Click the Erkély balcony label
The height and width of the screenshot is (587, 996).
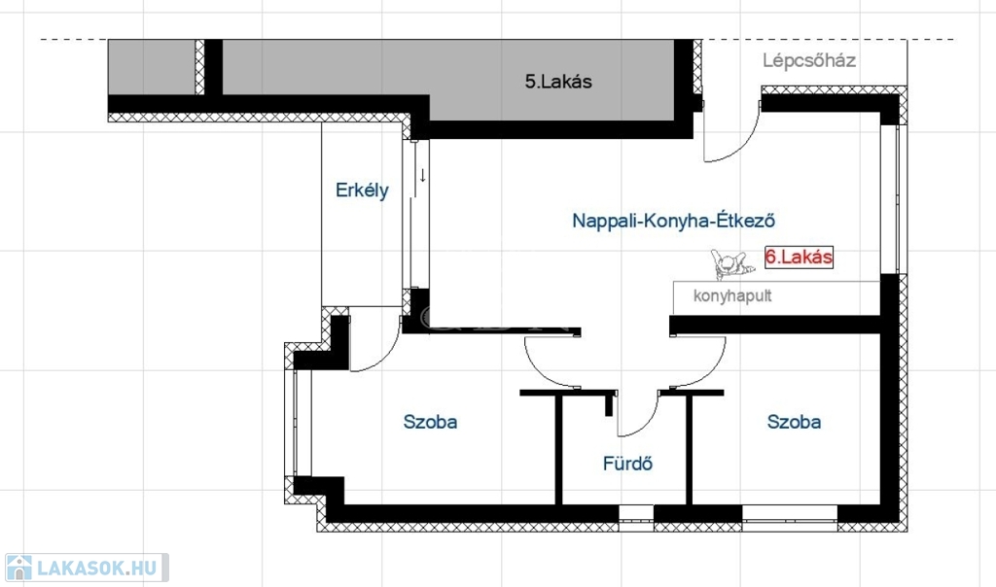click(x=362, y=190)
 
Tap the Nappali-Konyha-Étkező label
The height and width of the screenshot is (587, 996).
click(x=673, y=221)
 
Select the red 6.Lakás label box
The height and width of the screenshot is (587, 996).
click(x=799, y=257)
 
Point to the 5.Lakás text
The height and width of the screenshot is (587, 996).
click(x=558, y=82)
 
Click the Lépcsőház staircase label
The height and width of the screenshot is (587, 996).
click(x=809, y=61)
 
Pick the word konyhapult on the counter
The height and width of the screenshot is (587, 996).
click(x=732, y=295)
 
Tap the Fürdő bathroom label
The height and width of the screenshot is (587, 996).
click(x=627, y=464)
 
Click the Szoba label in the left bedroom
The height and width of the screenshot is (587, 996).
click(x=430, y=422)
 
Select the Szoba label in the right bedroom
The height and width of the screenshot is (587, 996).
click(x=794, y=422)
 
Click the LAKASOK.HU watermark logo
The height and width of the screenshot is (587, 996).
click(x=87, y=568)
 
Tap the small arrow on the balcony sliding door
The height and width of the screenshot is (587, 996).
click(x=422, y=175)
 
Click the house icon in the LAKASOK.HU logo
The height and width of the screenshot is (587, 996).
click(x=19, y=568)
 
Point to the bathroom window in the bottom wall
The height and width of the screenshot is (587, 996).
click(x=636, y=518)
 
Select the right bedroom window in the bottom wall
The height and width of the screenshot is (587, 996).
click(x=790, y=518)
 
